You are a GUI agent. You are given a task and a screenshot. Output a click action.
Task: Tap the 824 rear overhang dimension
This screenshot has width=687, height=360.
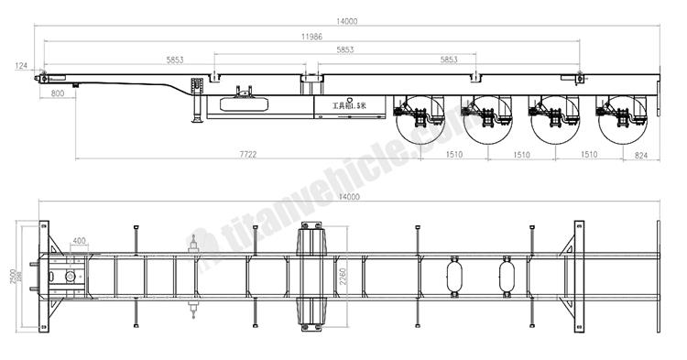point(641,155)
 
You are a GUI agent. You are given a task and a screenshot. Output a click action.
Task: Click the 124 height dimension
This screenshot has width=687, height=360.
point(20,65)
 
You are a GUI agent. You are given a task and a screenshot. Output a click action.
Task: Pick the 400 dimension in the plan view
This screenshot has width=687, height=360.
point(80,241)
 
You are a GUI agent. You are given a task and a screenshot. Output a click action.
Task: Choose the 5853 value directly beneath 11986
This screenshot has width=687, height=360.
point(346,49)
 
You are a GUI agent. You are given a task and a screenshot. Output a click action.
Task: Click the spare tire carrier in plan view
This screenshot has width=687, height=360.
point(311,276)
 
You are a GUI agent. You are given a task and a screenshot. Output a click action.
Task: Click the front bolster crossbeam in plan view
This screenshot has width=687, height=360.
point(43,276)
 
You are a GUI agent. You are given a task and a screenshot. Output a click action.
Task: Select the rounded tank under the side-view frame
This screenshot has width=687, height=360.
point(244,102)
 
